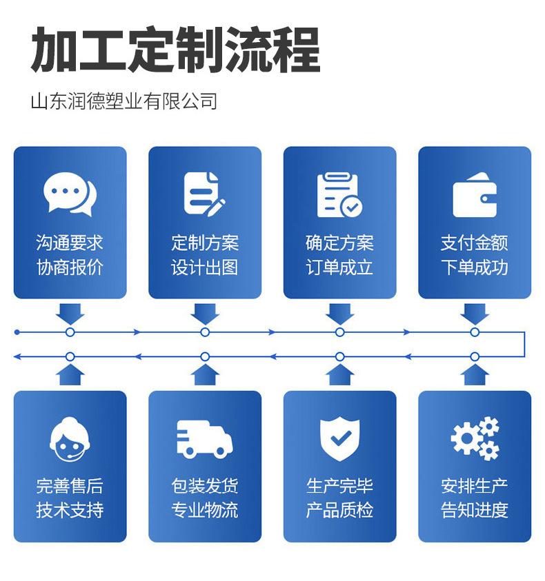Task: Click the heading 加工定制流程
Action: [x=175, y=50]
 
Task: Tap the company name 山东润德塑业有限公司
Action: [x=124, y=101]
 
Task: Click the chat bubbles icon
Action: [x=70, y=194]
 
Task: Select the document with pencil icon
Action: [x=204, y=193]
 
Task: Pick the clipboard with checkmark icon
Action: [x=339, y=194]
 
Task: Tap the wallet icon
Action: [x=475, y=196]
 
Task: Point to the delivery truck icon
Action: [x=204, y=440]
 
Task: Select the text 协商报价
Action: [x=70, y=267]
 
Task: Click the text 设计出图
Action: [x=204, y=267]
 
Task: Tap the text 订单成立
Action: [x=339, y=267]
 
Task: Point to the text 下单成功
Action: [x=475, y=267]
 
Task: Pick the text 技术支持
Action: [x=70, y=511]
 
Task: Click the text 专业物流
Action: [x=204, y=511]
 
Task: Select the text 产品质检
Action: [x=339, y=511]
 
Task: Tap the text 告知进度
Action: [x=475, y=511]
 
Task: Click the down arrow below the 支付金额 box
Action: [x=475, y=314]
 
